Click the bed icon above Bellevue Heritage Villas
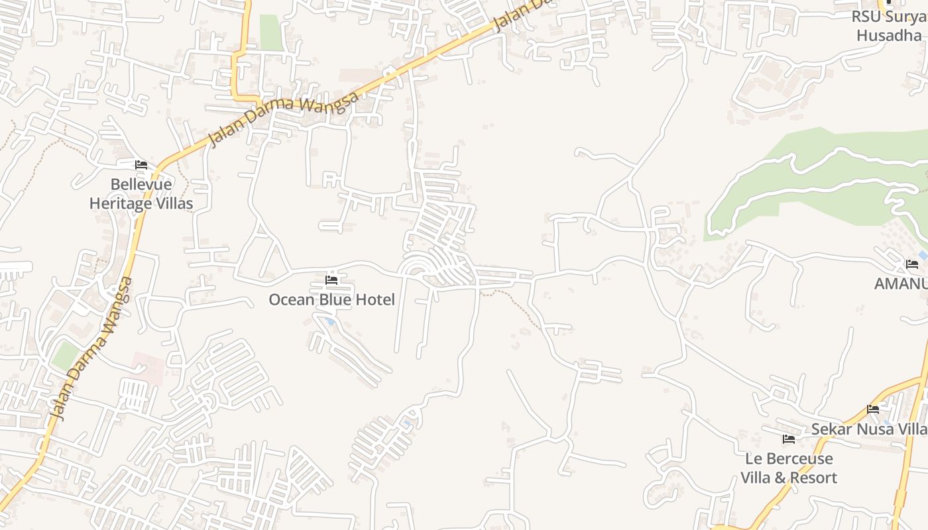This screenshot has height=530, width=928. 141,165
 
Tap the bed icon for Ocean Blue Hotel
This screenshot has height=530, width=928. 331,280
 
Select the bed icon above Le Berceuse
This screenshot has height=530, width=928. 788,439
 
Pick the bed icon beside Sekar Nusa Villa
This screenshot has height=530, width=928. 873,409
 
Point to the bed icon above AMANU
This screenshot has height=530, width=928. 912,265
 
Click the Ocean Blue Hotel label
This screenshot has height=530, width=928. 331,299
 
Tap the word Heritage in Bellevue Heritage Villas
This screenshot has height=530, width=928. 122,203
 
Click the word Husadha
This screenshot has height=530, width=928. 889,35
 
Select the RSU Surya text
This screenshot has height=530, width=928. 889,17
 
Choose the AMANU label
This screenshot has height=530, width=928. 900,284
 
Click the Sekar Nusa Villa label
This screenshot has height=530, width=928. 869,429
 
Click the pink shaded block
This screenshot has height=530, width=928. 148,367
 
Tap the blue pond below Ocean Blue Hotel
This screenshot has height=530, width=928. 329,321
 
